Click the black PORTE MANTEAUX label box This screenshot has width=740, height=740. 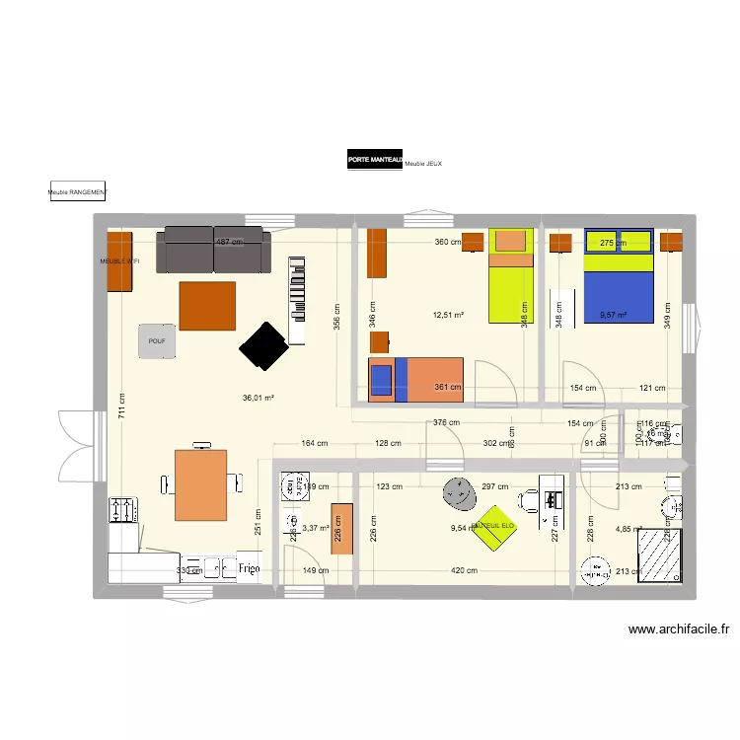(x=375, y=160)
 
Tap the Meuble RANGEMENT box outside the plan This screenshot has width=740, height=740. (x=77, y=193)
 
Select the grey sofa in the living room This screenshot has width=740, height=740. (x=213, y=250)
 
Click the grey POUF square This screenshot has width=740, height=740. (x=155, y=340)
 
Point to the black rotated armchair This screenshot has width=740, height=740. (x=263, y=345)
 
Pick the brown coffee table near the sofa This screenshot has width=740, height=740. (x=207, y=306)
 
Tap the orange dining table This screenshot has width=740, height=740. (x=200, y=483)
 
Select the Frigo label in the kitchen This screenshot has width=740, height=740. (x=249, y=569)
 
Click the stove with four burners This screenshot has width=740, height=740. (x=124, y=509)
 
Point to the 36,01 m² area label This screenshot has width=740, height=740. (x=259, y=399)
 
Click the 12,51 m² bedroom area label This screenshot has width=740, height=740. (x=448, y=316)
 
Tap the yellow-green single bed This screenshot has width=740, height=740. (x=511, y=276)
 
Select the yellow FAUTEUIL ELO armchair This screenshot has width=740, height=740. (x=494, y=523)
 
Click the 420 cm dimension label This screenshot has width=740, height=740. (x=465, y=570)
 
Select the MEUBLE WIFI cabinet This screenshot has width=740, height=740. (x=118, y=261)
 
